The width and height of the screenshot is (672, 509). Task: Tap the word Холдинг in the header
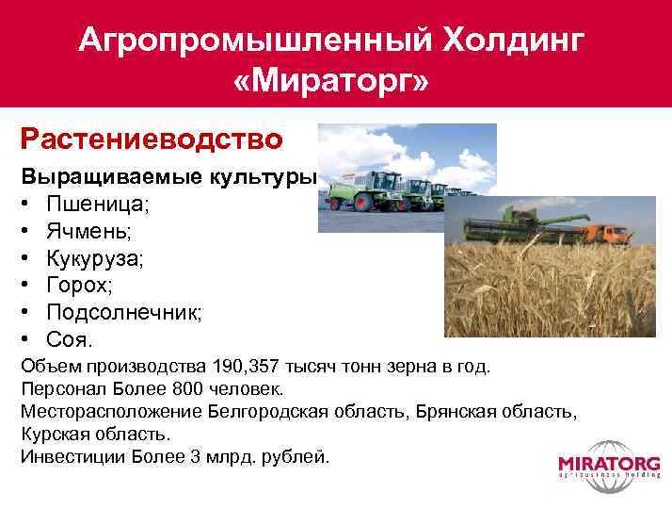pyautogui.click(x=509, y=40)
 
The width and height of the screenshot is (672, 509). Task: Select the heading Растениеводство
pyautogui.click(x=152, y=140)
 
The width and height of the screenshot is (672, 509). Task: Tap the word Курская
pyautogui.click(x=59, y=434)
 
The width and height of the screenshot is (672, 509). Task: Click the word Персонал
pyautogui.click(x=56, y=388)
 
